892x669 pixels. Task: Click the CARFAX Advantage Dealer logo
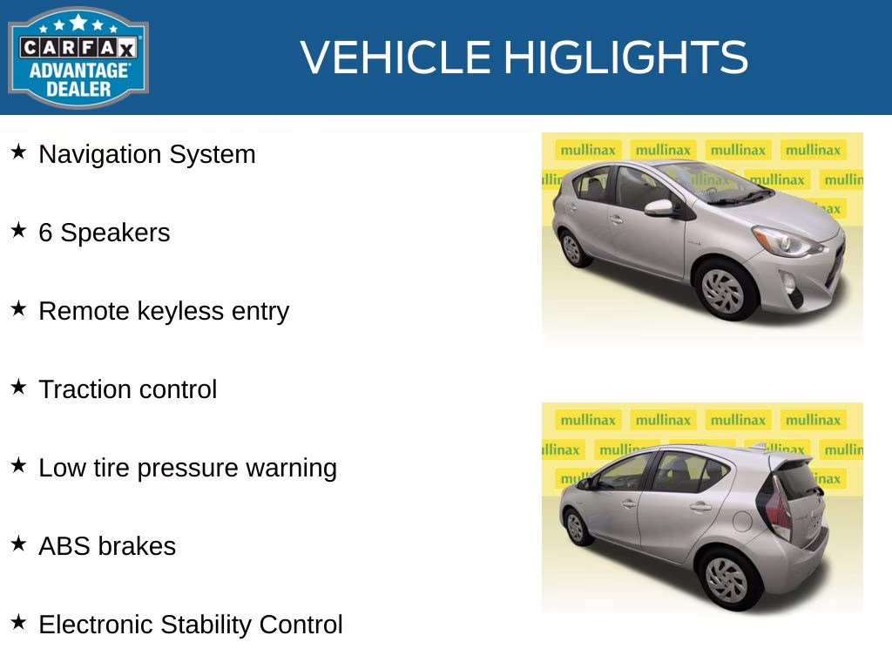point(78,57)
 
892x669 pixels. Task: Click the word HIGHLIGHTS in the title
point(625,57)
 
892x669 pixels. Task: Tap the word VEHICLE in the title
point(396,57)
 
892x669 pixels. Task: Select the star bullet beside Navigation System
point(18,152)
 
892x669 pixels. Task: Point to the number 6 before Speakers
point(45,233)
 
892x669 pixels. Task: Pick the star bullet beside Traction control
point(18,388)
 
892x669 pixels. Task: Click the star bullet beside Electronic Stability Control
point(18,623)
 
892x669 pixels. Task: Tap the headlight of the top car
point(786,241)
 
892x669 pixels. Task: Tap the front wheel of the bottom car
point(576,526)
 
